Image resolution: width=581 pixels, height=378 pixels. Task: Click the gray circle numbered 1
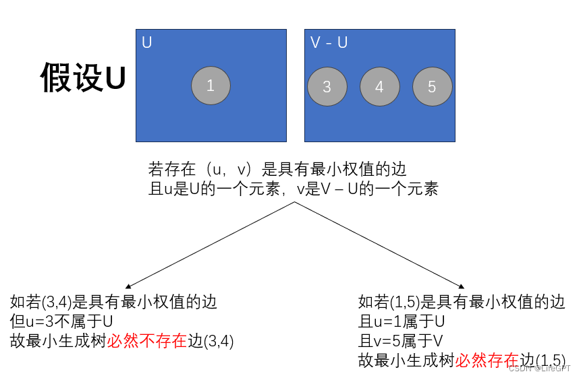tap(211, 86)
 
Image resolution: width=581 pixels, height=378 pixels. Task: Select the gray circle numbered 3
tap(327, 87)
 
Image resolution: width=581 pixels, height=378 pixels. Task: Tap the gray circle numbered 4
tap(380, 87)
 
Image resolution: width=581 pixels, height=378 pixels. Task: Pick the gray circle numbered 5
tap(432, 87)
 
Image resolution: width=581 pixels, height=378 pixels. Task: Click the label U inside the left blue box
tap(147, 42)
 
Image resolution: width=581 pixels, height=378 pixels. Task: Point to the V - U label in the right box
tap(329, 42)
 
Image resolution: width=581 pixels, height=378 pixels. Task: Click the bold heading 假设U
tap(82, 77)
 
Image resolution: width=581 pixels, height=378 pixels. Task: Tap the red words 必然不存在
tap(146, 341)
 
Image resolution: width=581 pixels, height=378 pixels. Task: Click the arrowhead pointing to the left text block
tap(128, 286)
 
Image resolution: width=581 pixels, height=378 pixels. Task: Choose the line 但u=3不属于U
tap(61, 321)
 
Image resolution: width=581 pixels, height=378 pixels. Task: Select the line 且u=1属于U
tap(402, 321)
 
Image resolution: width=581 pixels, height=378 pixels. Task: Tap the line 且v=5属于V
tap(401, 340)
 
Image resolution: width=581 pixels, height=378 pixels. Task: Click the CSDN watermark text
tap(539, 369)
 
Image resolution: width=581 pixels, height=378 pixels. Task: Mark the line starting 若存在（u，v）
tap(277, 168)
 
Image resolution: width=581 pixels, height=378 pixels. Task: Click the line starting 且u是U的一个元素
tap(293, 189)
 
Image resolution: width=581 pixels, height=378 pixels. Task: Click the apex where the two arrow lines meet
tap(294, 202)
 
